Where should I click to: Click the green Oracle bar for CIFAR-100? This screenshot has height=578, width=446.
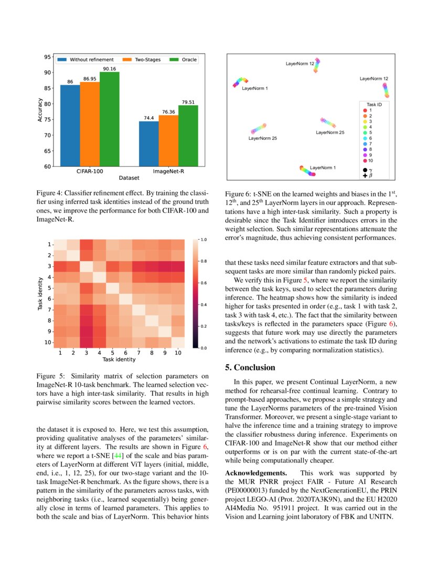coord(109,119)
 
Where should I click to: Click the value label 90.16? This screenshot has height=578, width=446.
coord(110,68)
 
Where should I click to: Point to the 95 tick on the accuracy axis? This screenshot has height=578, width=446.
coord(48,57)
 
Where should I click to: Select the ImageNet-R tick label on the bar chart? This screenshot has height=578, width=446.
coord(168,171)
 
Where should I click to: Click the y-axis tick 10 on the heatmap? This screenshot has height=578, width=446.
coord(48,343)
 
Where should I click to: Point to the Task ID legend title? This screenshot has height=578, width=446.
coord(374,105)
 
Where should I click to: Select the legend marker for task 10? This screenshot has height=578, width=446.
coord(365,160)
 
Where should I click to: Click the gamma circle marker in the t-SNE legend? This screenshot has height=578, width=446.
coord(365,170)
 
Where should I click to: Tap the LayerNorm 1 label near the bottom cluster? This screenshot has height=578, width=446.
coord(323,168)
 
